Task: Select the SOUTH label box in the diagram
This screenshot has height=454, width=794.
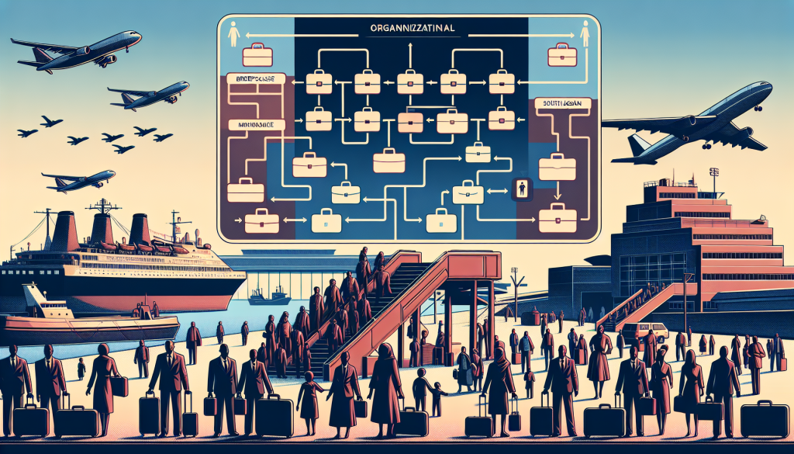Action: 558,103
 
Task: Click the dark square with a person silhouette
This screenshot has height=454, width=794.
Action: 521,188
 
